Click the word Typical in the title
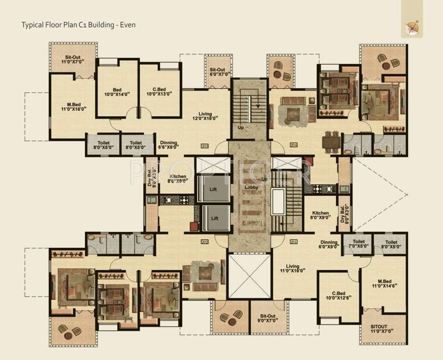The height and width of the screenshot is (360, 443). coord(33,24)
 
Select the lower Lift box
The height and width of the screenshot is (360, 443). coord(214,218)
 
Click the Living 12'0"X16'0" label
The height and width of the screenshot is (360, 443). coord(205,116)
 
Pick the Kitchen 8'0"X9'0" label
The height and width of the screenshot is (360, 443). coord(320,215)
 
